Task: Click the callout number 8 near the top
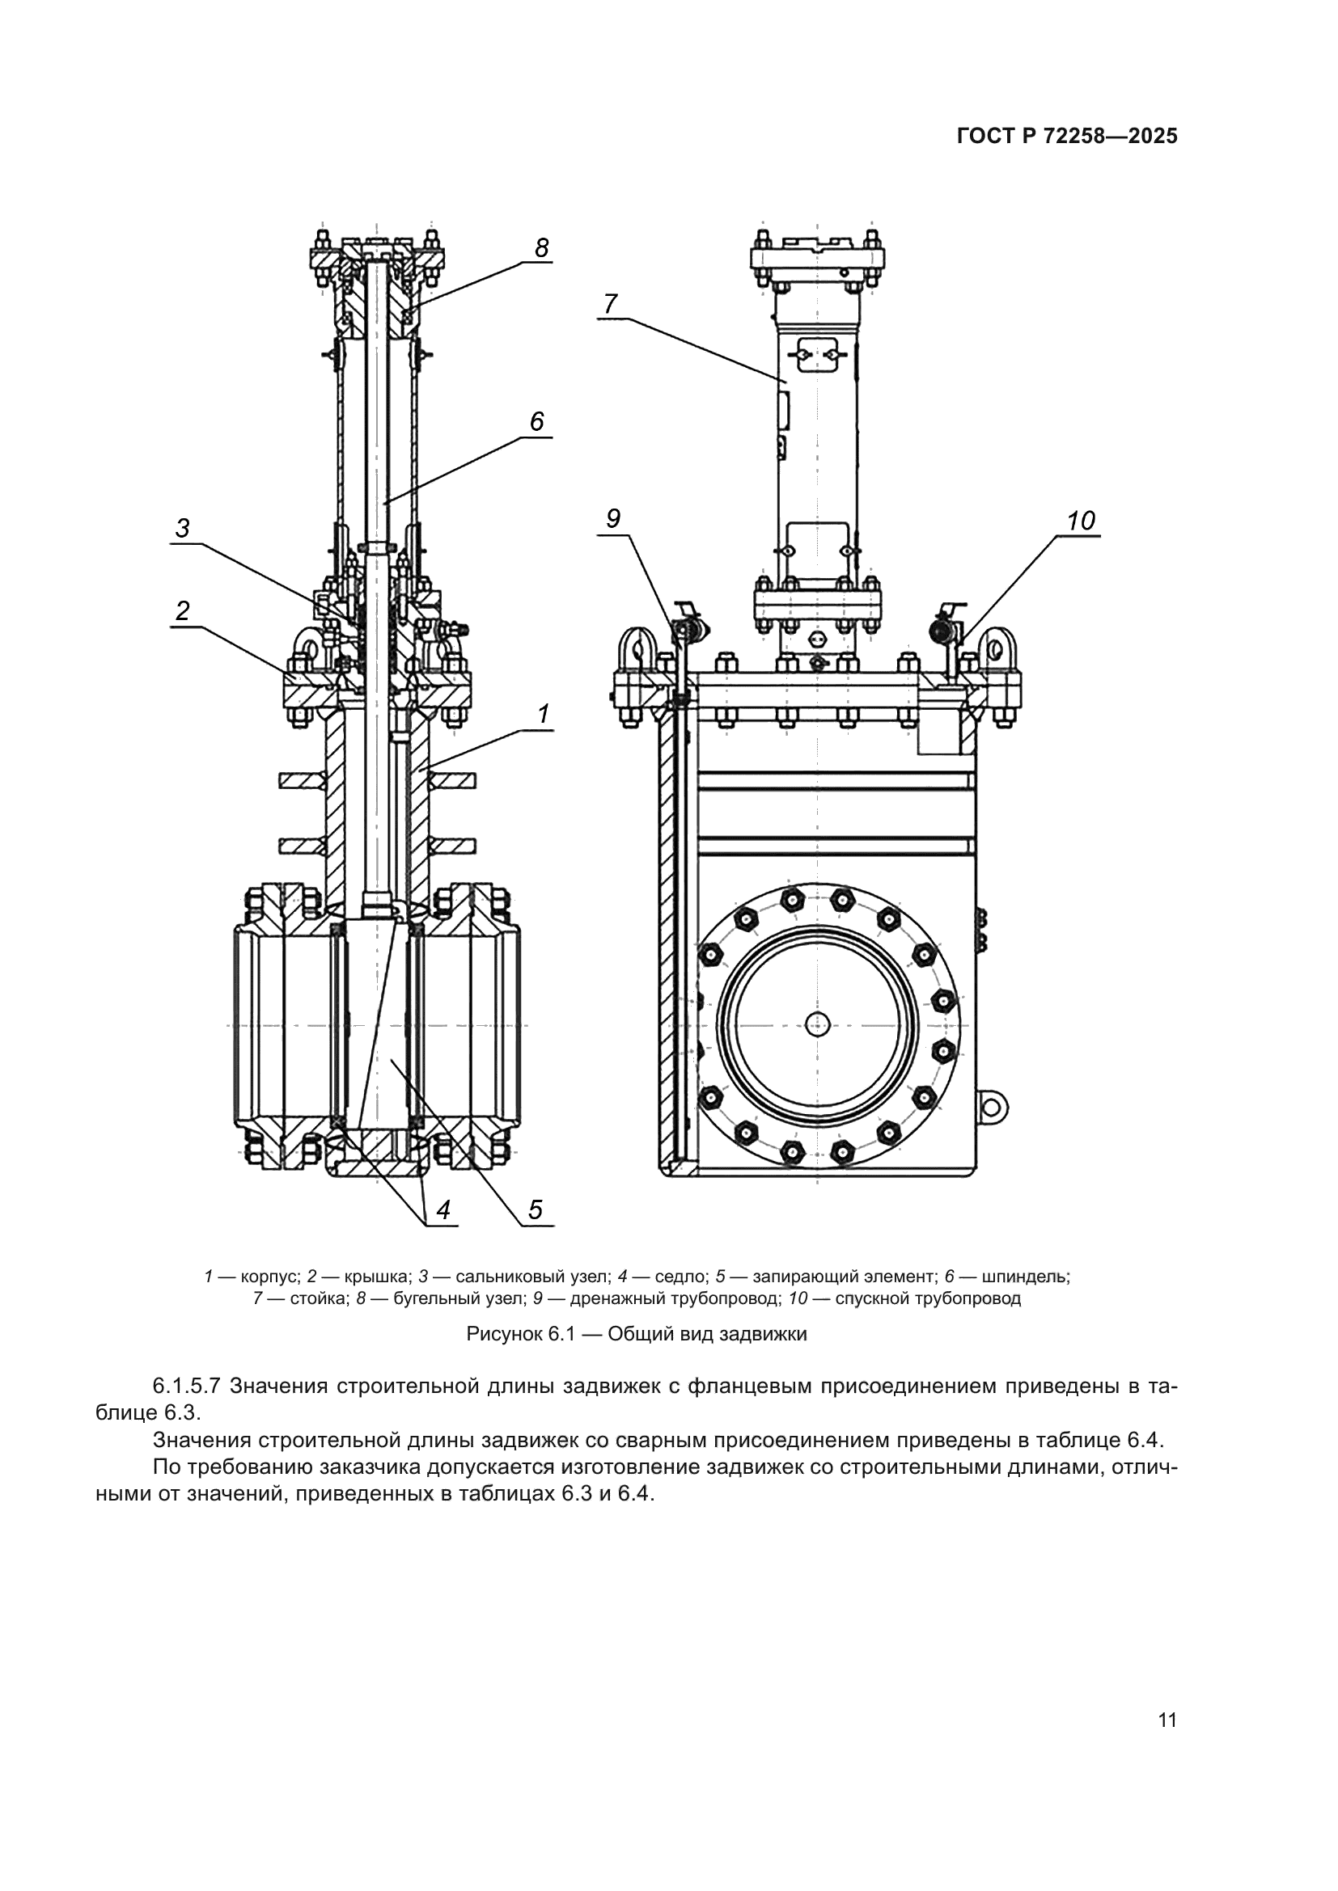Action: [x=541, y=248]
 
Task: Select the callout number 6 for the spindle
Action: [x=536, y=422]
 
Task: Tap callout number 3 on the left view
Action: [x=183, y=528]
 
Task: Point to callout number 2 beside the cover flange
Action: [x=182, y=610]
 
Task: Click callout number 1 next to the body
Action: [x=543, y=713]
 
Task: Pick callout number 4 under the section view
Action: [x=443, y=1210]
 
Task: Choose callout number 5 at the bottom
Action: [x=535, y=1210]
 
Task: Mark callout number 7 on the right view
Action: [x=610, y=305]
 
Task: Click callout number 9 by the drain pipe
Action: [x=613, y=518]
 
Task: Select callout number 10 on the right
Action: [x=1080, y=521]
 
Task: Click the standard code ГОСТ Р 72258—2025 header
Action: [x=1067, y=137]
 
